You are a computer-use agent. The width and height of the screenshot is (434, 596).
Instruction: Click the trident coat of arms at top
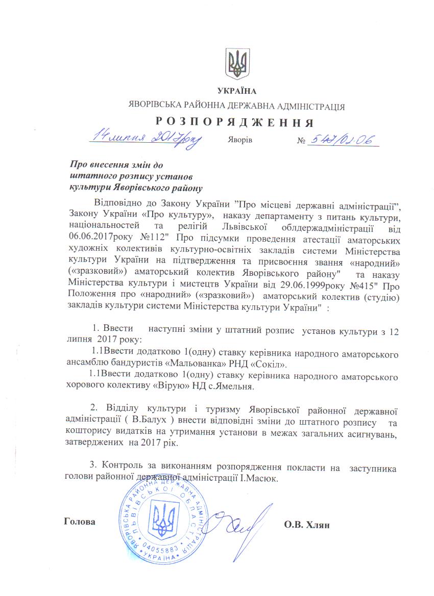(x=236, y=64)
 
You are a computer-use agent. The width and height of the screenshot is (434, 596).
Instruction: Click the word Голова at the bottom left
(x=80, y=522)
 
